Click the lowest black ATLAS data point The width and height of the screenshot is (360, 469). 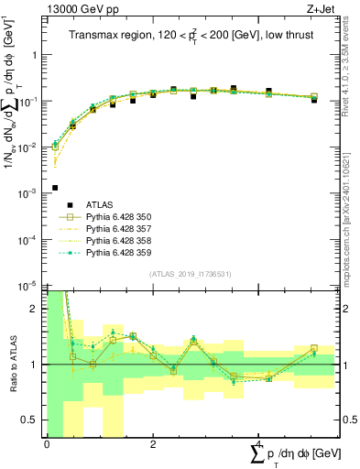(55, 188)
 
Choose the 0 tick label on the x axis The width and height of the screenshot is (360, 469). (46, 445)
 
